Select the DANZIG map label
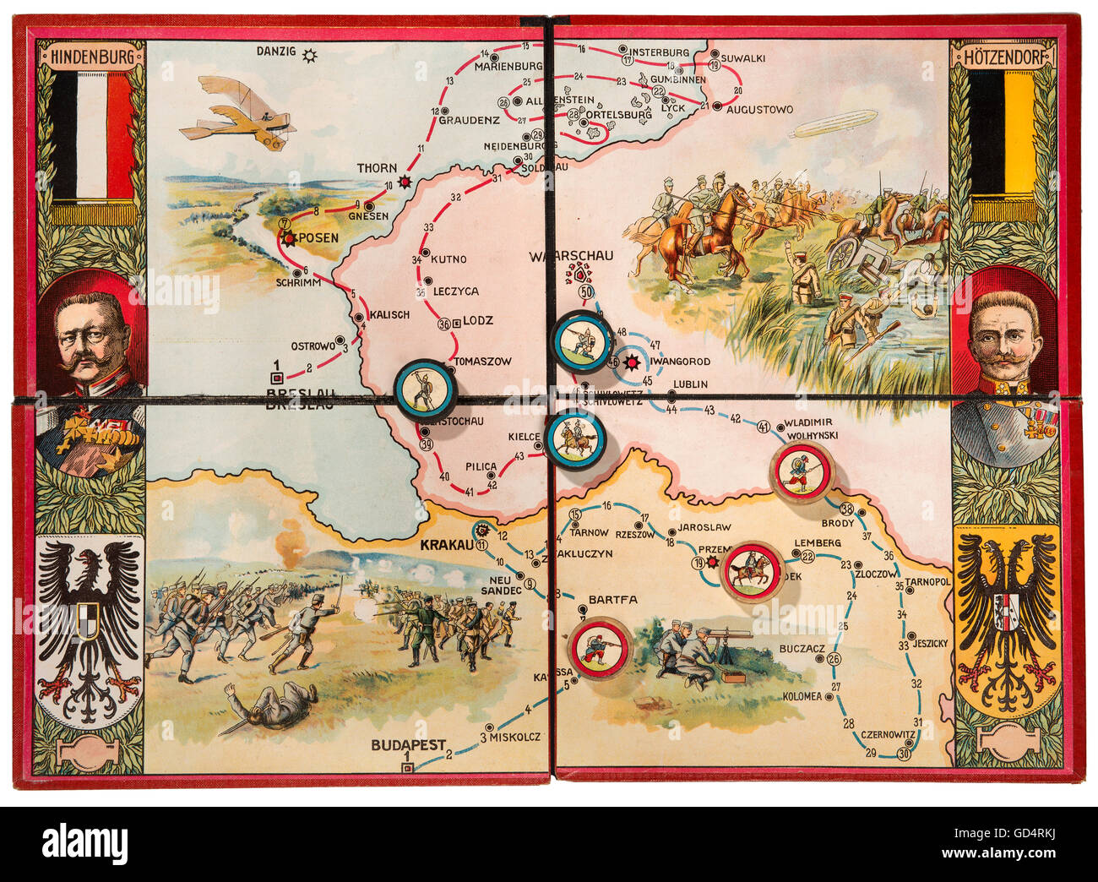pos(276,52)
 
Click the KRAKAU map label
pos(445,545)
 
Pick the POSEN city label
pos(318,238)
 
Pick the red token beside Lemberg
pos(752,571)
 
